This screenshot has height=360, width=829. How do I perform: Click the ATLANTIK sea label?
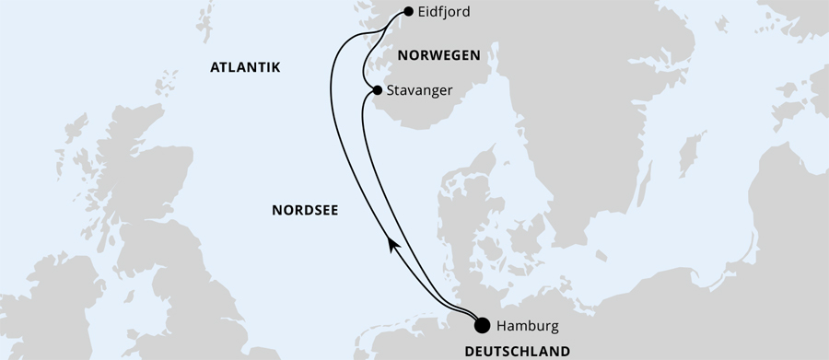(x=244, y=68)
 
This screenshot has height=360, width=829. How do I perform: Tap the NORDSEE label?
(x=305, y=210)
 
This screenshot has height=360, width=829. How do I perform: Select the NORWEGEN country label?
(x=438, y=55)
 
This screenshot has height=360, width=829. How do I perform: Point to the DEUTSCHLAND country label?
(x=516, y=351)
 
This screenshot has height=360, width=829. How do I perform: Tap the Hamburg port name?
(x=527, y=325)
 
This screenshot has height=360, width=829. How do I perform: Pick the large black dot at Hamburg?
(x=481, y=324)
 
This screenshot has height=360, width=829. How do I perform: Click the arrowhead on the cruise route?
(x=392, y=243)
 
